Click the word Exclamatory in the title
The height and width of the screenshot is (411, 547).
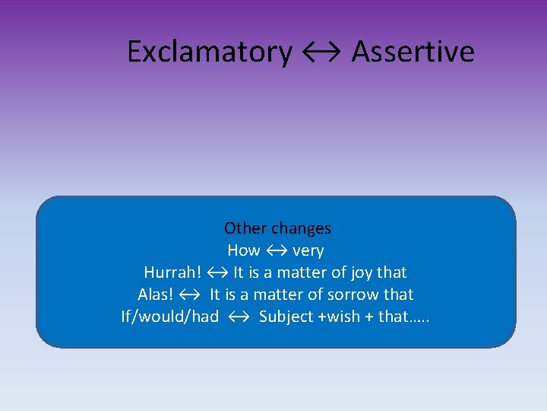[x=209, y=52]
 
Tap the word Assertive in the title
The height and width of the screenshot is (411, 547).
[x=413, y=52]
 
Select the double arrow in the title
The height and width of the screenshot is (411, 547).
[x=321, y=52]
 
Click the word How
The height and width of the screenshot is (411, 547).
[x=243, y=250]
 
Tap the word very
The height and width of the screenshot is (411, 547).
[x=308, y=250]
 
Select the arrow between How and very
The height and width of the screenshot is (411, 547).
[x=276, y=250]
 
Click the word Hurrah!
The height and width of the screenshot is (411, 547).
[x=173, y=272]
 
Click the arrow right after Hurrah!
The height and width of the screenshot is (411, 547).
[x=217, y=272]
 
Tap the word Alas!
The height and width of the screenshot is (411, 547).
[x=157, y=295]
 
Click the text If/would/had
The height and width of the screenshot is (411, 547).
[x=170, y=317]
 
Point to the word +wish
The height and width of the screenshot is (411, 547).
[x=337, y=317]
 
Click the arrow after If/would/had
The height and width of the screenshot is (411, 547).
[x=238, y=317]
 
